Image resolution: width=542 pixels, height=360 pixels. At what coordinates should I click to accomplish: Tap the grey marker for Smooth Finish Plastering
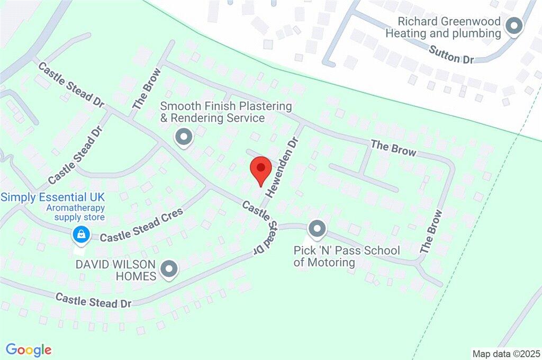click(184, 137)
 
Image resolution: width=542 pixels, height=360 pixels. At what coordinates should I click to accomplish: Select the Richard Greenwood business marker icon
click(513, 25)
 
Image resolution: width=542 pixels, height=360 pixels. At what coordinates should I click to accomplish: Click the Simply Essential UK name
click(52, 197)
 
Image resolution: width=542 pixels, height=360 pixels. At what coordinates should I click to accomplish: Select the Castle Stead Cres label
click(141, 226)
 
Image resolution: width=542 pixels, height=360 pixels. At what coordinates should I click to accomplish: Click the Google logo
click(29, 349)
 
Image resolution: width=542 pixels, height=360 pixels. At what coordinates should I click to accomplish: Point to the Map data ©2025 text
click(507, 353)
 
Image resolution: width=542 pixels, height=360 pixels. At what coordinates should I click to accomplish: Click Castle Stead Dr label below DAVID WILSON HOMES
click(93, 300)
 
